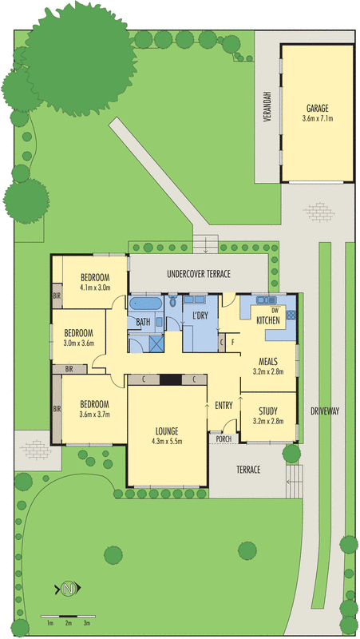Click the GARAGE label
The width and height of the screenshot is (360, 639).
pyautogui.click(x=317, y=109)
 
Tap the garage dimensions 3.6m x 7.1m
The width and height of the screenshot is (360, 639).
pyautogui.click(x=317, y=118)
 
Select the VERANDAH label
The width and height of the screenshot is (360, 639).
pyautogui.click(x=267, y=106)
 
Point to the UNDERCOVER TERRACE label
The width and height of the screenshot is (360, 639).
pyautogui.click(x=199, y=274)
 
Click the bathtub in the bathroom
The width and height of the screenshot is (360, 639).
pyautogui.click(x=145, y=304)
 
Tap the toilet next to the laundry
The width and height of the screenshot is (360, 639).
pyautogui.click(x=172, y=301)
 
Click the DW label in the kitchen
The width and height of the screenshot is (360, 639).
pyautogui.click(x=280, y=310)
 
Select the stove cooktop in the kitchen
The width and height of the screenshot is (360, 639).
pyautogui.click(x=291, y=315)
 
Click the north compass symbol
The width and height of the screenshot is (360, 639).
pyautogui.click(x=68, y=589)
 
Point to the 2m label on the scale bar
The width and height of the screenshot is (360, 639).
pyautogui.click(x=68, y=623)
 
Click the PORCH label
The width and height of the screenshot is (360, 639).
pyautogui.click(x=224, y=439)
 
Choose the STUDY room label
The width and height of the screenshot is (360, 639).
pyautogui.click(x=268, y=411)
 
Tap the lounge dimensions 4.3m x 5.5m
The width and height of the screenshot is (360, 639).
pyautogui.click(x=167, y=441)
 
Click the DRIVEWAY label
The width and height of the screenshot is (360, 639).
pyautogui.click(x=325, y=411)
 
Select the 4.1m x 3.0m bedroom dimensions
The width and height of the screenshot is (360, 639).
pyautogui.click(x=95, y=288)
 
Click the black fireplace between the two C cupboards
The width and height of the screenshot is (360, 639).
pyautogui.click(x=170, y=380)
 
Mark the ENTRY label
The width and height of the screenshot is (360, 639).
pyautogui.click(x=224, y=406)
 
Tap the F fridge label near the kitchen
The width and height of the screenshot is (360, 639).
pyautogui.click(x=232, y=343)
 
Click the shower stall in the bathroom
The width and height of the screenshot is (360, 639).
pyautogui.click(x=156, y=343)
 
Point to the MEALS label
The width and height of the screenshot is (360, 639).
pyautogui.click(x=268, y=362)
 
